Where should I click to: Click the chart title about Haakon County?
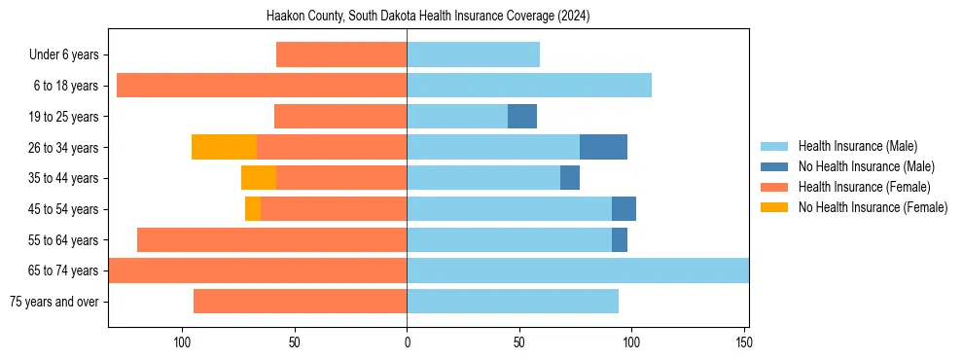coord(428,17)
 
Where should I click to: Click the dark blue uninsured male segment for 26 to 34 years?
coord(603,147)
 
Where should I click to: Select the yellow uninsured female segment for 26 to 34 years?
coord(224,147)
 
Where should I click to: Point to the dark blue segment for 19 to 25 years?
coord(522,117)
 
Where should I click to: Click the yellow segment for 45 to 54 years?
coord(253,209)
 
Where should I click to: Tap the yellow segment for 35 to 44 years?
coord(259,178)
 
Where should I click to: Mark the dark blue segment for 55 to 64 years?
coord(620,239)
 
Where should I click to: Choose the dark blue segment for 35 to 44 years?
coord(570,178)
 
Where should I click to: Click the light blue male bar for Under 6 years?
coord(473,54)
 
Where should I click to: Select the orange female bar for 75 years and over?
coord(300,302)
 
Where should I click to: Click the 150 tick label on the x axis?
coord(744,342)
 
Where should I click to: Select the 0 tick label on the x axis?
coord(407,342)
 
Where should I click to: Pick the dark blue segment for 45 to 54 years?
coord(624,209)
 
